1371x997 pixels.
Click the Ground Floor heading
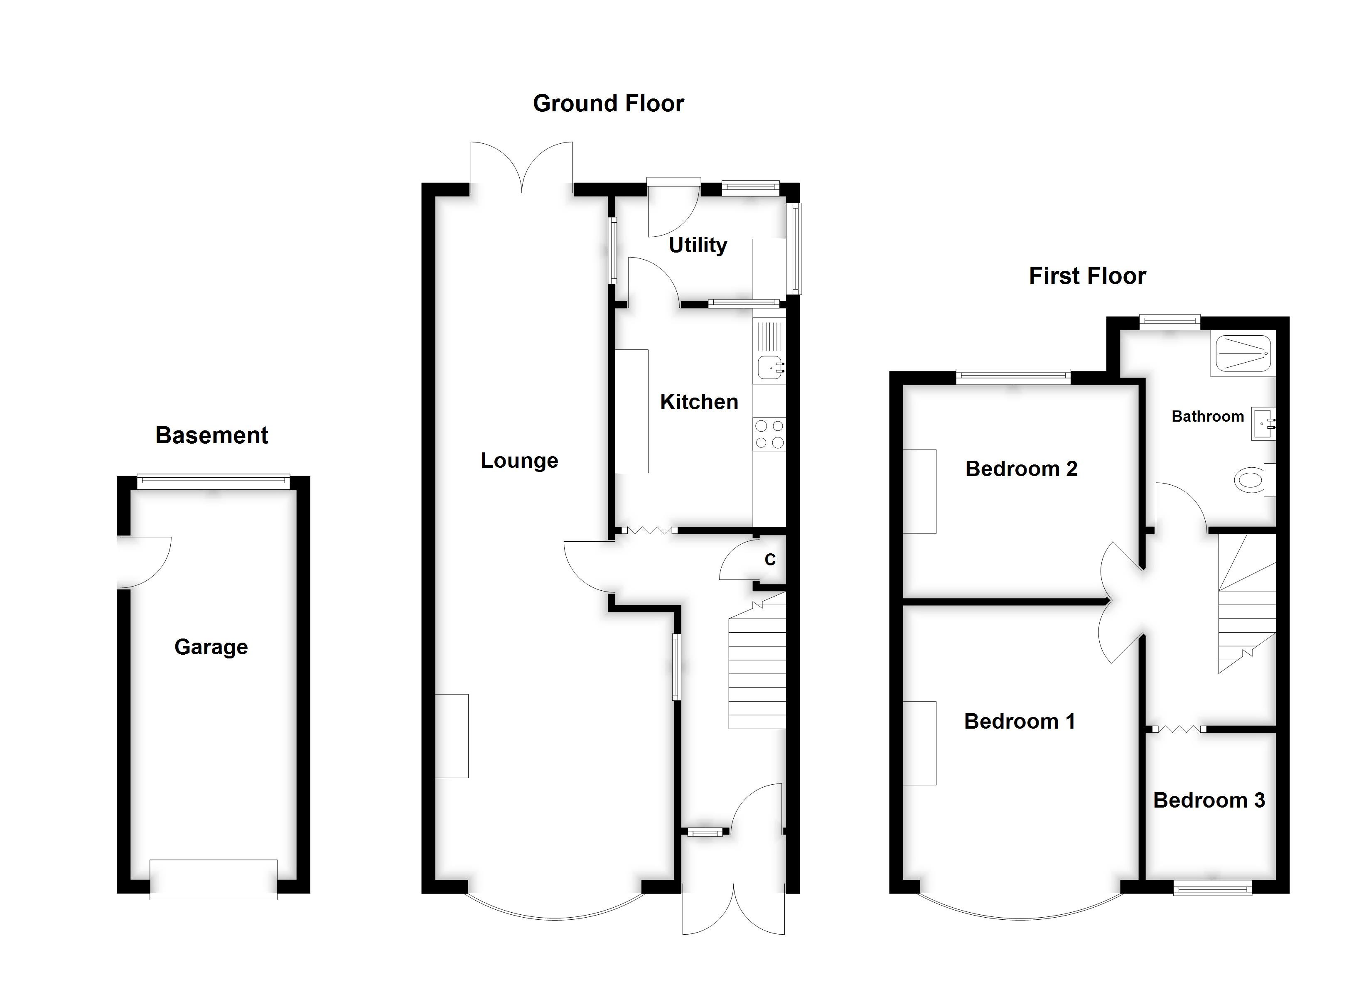pyautogui.click(x=608, y=104)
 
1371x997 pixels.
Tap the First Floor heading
pyautogui.click(x=1087, y=276)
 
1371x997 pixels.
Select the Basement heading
pyautogui.click(x=211, y=435)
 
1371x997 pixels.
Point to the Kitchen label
pyautogui.click(x=699, y=402)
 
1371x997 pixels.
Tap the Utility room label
pyautogui.click(x=698, y=246)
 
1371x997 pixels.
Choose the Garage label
pyautogui.click(x=211, y=647)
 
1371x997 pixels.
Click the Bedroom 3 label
pyautogui.click(x=1209, y=801)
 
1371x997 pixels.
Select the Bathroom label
pyautogui.click(x=1207, y=417)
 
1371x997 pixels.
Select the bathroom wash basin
pyautogui.click(x=1263, y=424)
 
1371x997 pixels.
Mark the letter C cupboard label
pyautogui.click(x=770, y=560)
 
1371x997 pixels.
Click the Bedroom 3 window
pyautogui.click(x=1212, y=888)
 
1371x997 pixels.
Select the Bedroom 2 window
pyautogui.click(x=1013, y=377)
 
